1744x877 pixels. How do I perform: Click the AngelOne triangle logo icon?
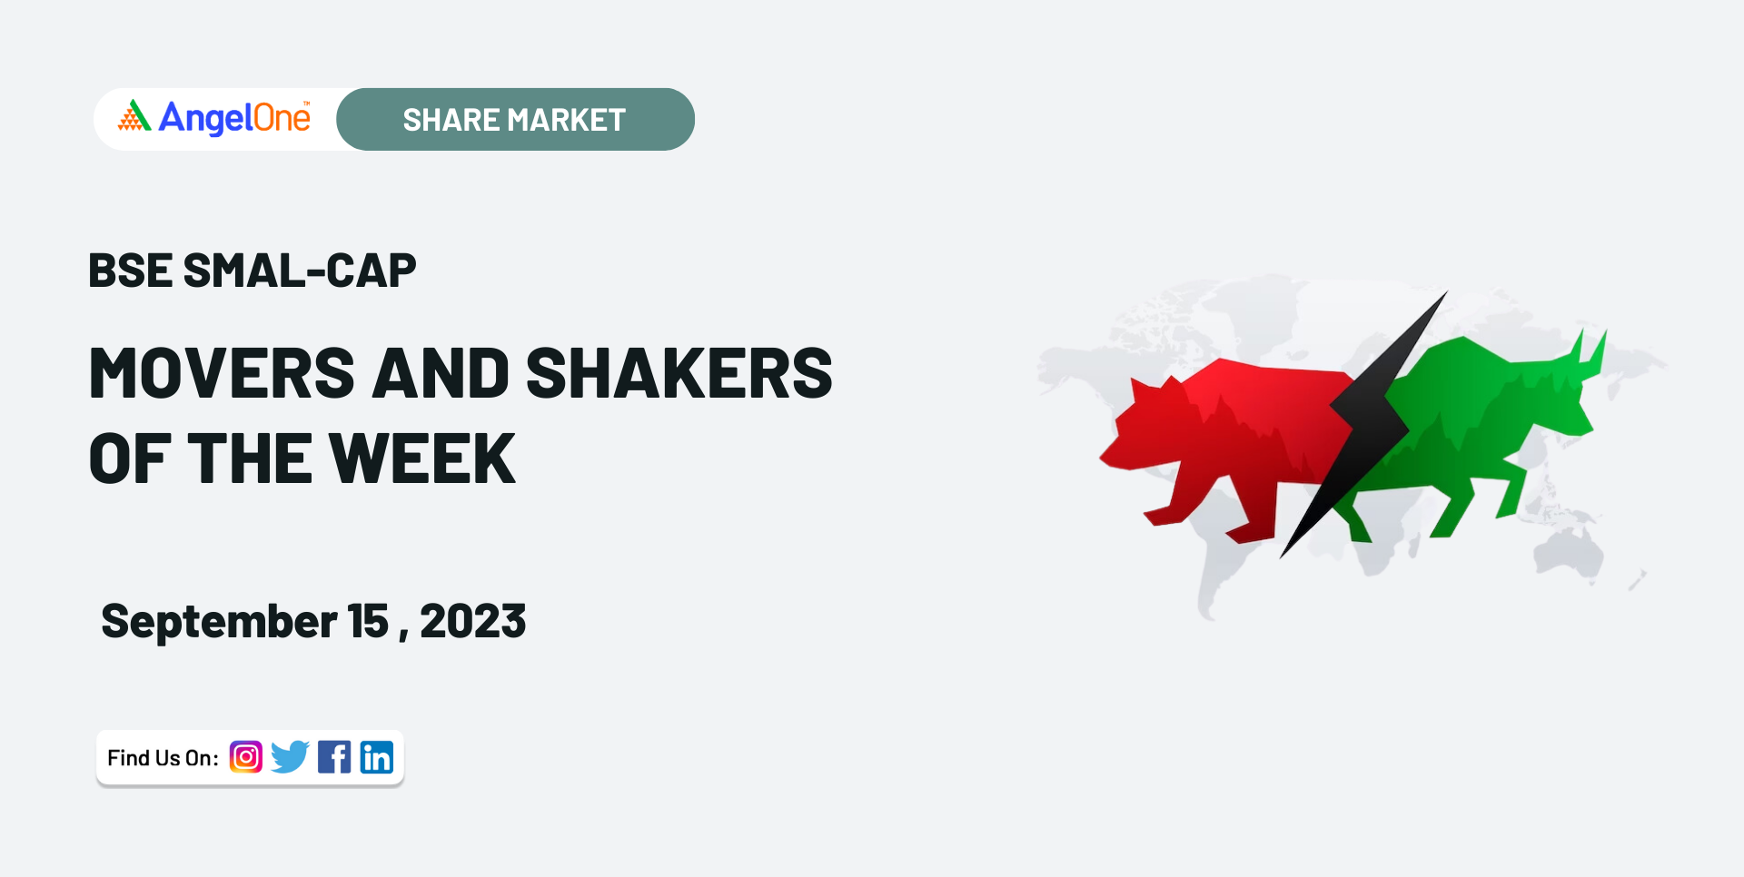click(x=134, y=115)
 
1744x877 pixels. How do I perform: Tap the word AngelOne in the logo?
click(x=234, y=118)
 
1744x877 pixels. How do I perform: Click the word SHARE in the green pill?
click(x=451, y=120)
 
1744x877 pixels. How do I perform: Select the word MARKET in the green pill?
click(x=566, y=120)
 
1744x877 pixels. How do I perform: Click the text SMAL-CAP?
click(x=300, y=271)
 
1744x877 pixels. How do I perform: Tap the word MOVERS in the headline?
click(x=223, y=373)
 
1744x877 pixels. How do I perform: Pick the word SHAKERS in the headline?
click(x=679, y=373)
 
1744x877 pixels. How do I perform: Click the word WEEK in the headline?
click(x=422, y=458)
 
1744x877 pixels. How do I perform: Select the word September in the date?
click(x=219, y=623)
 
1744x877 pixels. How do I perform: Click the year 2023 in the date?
click(x=473, y=622)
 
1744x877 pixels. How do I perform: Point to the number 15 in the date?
click(x=368, y=622)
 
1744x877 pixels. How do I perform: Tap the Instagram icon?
click(x=246, y=757)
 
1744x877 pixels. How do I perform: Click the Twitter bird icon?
click(x=291, y=757)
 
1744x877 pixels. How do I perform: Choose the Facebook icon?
click(x=334, y=757)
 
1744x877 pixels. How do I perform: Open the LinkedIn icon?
click(x=377, y=757)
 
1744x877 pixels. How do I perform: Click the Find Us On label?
click(x=163, y=758)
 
